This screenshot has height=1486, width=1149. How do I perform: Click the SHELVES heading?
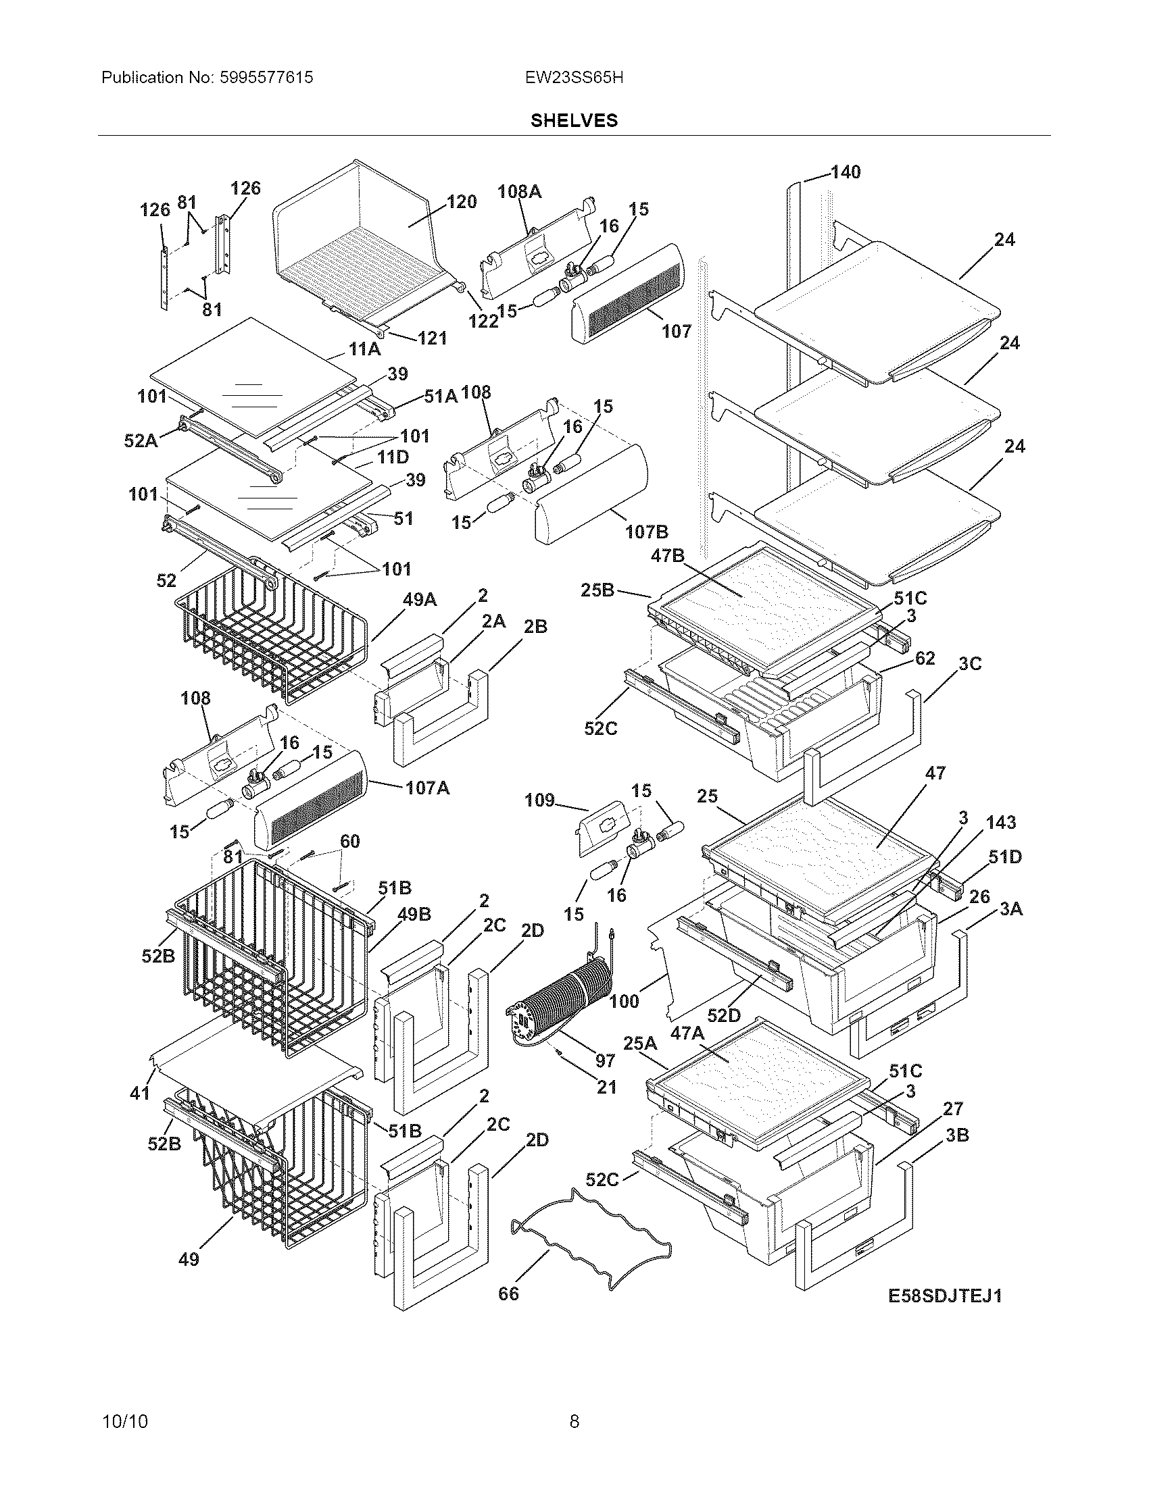[x=574, y=120]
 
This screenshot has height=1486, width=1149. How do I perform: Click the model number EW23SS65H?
[x=574, y=78]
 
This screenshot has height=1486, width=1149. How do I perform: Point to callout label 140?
[x=846, y=172]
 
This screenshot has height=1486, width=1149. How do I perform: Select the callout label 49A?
[x=419, y=599]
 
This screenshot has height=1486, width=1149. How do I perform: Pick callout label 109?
[x=539, y=800]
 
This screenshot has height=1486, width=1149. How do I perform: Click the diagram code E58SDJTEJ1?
[x=945, y=1296]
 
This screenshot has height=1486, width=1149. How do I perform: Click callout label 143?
[x=1000, y=822]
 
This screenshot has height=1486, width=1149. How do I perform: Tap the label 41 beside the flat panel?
[x=140, y=1094]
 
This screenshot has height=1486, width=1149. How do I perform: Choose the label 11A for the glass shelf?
[x=364, y=349]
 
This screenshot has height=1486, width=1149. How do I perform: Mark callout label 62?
[x=925, y=658]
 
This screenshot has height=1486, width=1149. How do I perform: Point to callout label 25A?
[x=640, y=1042]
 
